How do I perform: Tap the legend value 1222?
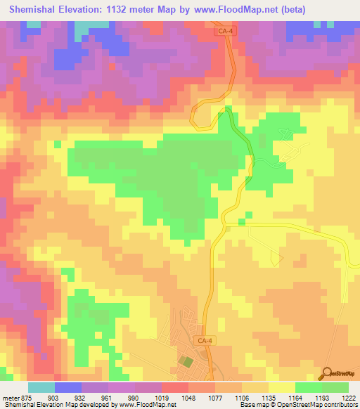pos(349,398)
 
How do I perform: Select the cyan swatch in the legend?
pos(41,387)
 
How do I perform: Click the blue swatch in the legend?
pos(68,387)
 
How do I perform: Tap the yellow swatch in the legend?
pos(282,387)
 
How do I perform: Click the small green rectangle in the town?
pos(185,362)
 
